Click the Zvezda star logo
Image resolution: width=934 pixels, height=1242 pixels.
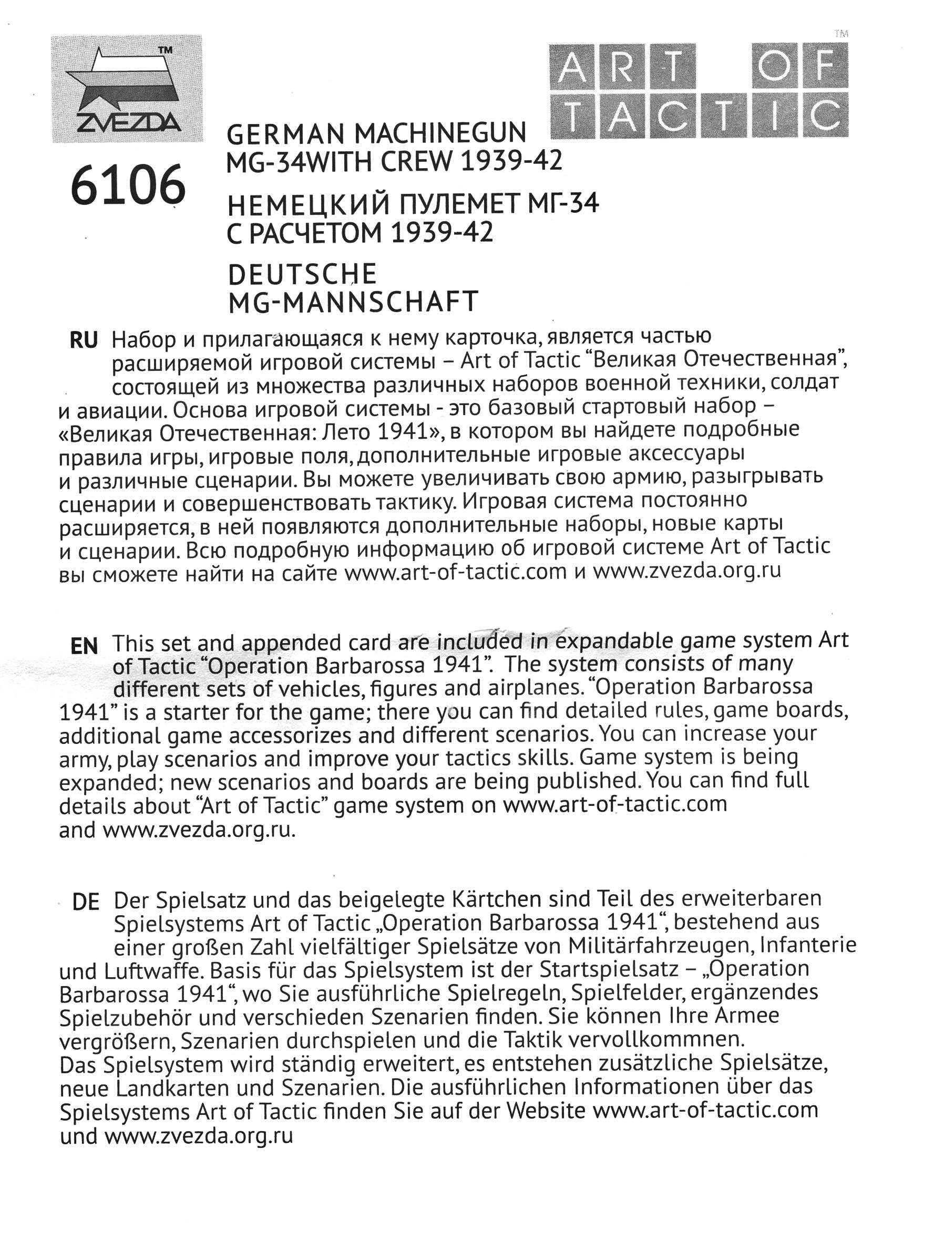126,88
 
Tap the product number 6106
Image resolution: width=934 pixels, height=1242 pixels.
128,185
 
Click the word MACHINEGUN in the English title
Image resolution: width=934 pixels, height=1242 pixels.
440,133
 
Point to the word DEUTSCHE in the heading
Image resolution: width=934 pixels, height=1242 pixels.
302,275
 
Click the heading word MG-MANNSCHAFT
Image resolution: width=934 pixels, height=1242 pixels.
353,302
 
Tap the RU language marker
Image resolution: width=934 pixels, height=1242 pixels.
83,340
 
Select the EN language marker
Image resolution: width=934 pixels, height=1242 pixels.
84,646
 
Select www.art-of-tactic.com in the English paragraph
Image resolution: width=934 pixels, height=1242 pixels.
614,804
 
